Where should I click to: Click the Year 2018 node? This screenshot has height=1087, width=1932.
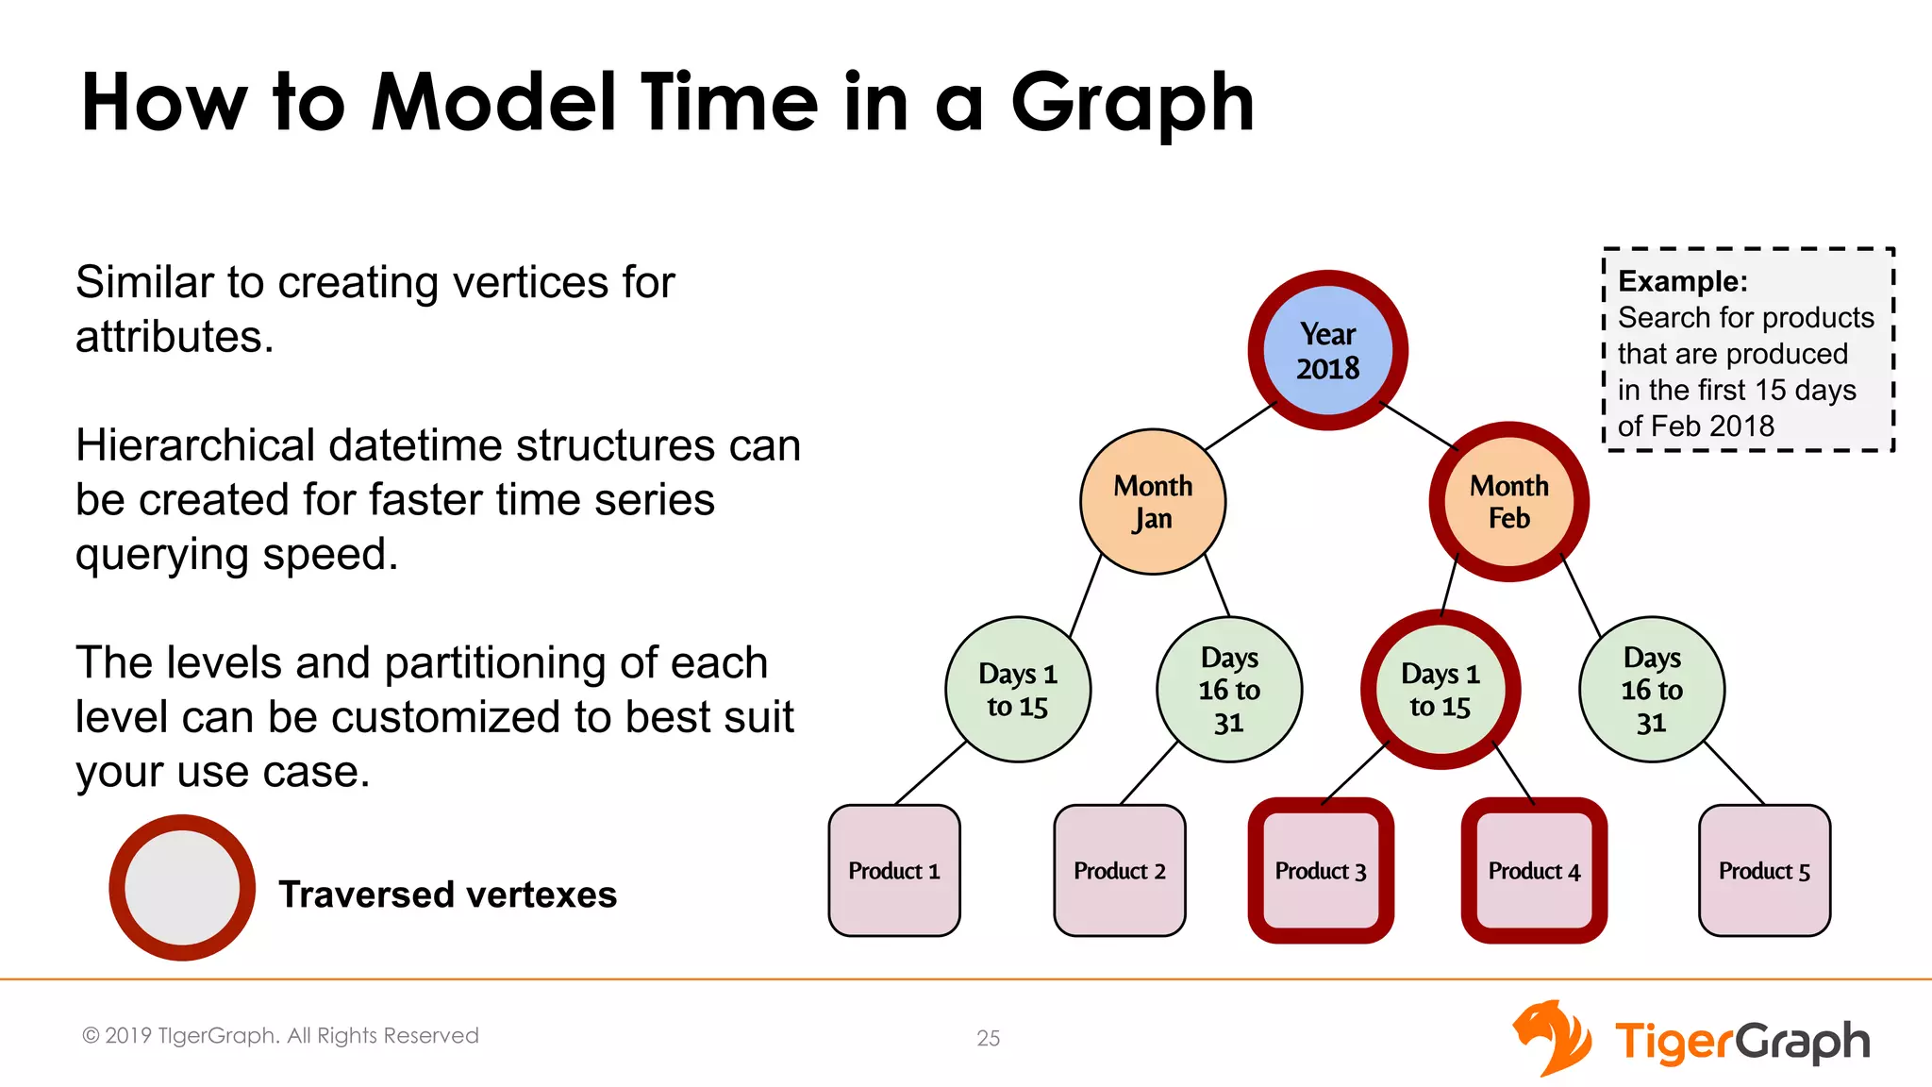click(x=1327, y=350)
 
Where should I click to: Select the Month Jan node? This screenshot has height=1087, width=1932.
click(x=1153, y=502)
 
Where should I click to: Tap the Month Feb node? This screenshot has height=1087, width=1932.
click(x=1508, y=502)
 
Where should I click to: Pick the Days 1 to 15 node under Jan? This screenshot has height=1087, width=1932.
click(x=1018, y=690)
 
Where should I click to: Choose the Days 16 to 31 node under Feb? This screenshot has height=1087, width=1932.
click(x=1652, y=690)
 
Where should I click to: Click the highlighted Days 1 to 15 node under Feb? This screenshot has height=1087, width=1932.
click(x=1441, y=690)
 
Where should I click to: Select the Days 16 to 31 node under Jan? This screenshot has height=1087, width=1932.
click(x=1229, y=690)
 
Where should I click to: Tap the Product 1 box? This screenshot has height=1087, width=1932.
click(x=894, y=870)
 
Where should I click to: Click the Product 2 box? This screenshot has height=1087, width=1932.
click(x=1120, y=870)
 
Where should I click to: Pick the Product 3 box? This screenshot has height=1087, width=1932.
click(x=1321, y=870)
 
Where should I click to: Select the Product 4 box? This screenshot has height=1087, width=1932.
click(x=1534, y=870)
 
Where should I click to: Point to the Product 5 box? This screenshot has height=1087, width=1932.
click(x=1764, y=870)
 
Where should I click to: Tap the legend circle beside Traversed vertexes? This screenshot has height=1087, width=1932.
click(x=182, y=888)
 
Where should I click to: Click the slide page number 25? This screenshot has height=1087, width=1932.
click(x=988, y=1038)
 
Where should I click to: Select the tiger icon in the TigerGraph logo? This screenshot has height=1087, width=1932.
click(x=1552, y=1038)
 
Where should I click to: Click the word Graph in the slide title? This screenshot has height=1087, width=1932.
click(x=1132, y=104)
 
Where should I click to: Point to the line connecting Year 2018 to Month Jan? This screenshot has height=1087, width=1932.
click(x=1240, y=426)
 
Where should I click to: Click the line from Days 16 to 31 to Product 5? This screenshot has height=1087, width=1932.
click(x=1734, y=773)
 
